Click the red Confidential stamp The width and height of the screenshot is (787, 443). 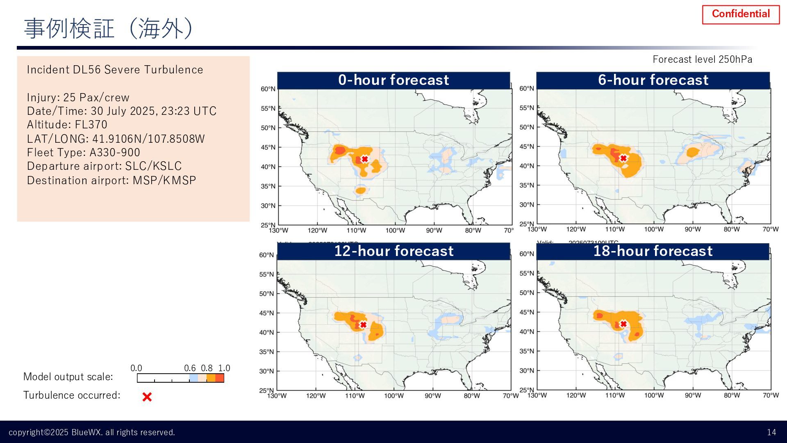click(741, 14)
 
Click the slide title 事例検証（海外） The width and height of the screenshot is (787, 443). click(108, 29)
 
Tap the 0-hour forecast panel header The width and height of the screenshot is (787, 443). click(393, 80)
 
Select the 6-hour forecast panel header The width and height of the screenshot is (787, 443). click(653, 80)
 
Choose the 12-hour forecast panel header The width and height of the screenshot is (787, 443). click(393, 251)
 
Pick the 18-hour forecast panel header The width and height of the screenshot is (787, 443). click(653, 251)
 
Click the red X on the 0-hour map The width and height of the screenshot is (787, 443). click(364, 159)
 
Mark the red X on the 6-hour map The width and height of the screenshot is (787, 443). click(623, 158)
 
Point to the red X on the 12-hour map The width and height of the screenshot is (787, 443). click(363, 324)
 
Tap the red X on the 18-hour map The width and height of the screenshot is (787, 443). click(623, 324)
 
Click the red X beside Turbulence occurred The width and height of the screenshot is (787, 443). click(147, 397)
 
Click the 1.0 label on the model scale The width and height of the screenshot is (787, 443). click(224, 368)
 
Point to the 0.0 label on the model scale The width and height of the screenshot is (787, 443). click(136, 368)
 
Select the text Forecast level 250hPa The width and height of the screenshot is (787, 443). click(702, 59)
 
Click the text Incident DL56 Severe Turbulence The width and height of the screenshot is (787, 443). click(115, 70)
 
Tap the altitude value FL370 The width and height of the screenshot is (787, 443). click(91, 125)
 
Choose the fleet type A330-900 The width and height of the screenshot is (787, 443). click(115, 153)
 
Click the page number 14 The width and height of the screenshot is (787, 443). click(771, 432)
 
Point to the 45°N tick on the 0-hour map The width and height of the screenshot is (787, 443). click(268, 147)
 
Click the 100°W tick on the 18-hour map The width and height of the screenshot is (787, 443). click(654, 395)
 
